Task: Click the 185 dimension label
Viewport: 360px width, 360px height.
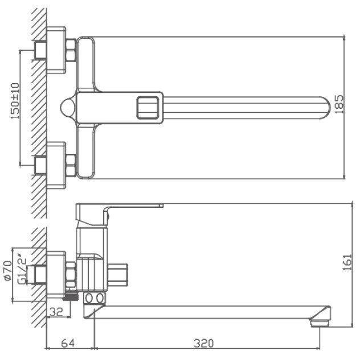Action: tap(339, 104)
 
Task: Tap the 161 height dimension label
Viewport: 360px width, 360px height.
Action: tap(347, 262)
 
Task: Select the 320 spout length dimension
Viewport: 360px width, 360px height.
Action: tap(204, 343)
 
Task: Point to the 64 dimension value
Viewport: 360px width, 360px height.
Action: tap(68, 343)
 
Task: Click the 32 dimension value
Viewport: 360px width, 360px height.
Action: tap(56, 312)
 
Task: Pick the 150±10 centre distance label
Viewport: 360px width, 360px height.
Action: tap(15, 101)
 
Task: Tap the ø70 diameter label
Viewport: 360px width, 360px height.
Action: tap(7, 271)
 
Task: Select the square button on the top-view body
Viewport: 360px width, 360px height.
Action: tap(148, 108)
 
